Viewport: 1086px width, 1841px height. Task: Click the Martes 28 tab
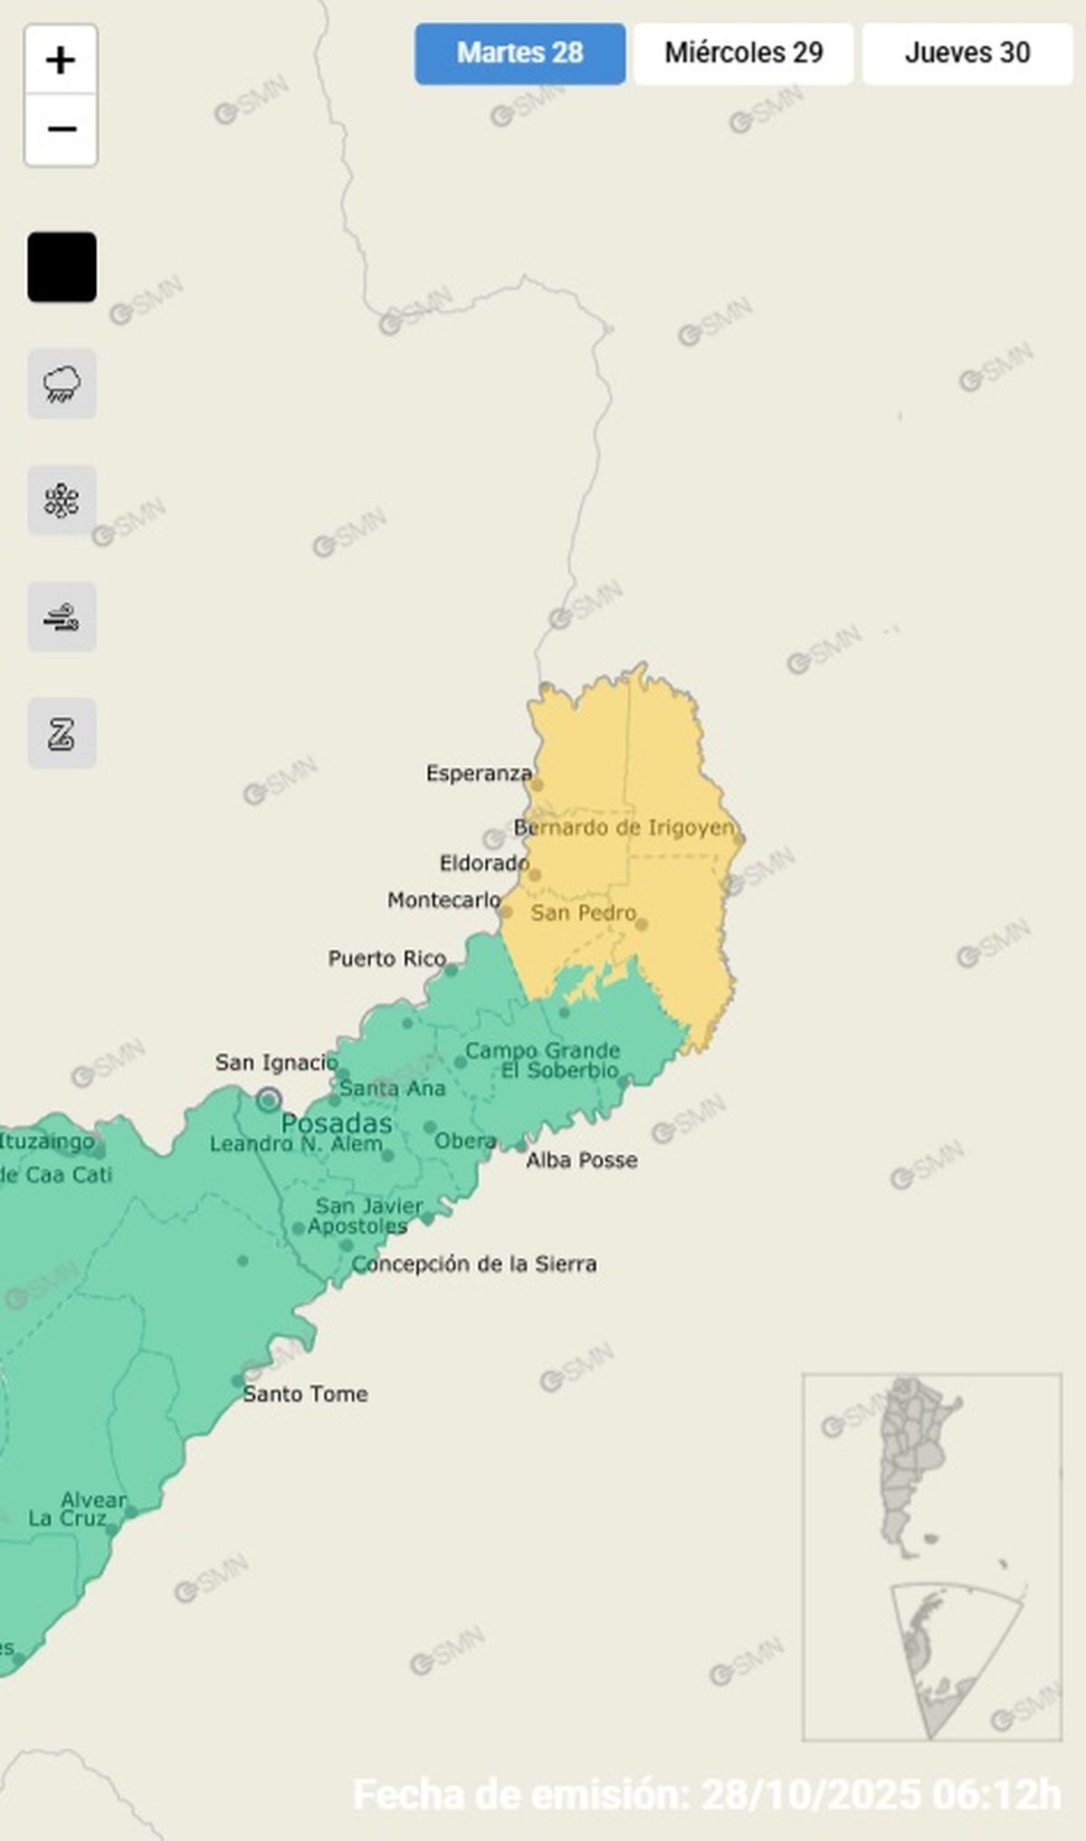pos(519,53)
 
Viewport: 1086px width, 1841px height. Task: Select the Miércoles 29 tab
pos(743,53)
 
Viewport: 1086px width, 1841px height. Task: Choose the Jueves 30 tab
pos(967,53)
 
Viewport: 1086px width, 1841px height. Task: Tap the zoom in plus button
pos(61,61)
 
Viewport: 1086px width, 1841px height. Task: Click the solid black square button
pos(62,267)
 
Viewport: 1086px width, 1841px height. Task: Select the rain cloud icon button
pos(62,384)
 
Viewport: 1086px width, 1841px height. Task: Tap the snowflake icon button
pos(62,501)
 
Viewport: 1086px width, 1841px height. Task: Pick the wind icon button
pos(62,617)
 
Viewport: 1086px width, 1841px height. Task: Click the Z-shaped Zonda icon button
pos(62,733)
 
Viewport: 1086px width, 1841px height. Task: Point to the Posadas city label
pos(337,1124)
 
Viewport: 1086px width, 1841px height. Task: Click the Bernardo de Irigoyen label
pos(624,827)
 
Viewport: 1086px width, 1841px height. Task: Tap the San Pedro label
pos(584,912)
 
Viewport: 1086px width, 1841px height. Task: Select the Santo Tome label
pos(305,1394)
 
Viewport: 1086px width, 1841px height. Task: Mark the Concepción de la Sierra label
pos(474,1264)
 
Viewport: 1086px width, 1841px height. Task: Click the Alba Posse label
pos(582,1160)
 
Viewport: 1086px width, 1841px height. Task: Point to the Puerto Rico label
pos(386,959)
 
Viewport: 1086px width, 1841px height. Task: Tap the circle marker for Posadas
pos(268,1101)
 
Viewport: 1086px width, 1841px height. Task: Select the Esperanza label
pos(479,773)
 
